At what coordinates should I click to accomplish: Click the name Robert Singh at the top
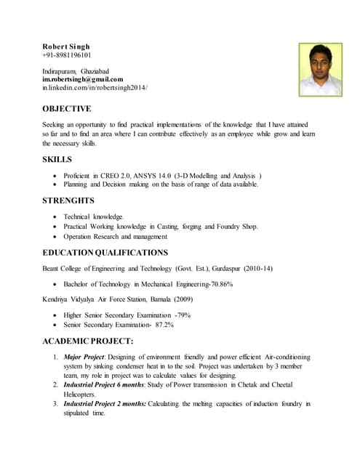65,46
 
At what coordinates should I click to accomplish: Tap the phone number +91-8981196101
66,55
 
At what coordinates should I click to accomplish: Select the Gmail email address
82,79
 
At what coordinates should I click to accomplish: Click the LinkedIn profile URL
95,88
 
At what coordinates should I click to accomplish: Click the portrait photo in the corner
321,69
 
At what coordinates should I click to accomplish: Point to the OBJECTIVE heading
67,109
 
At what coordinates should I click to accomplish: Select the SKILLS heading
57,159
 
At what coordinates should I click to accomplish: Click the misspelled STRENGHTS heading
68,201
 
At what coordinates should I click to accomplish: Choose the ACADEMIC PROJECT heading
87,341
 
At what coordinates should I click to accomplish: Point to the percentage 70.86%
218,284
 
